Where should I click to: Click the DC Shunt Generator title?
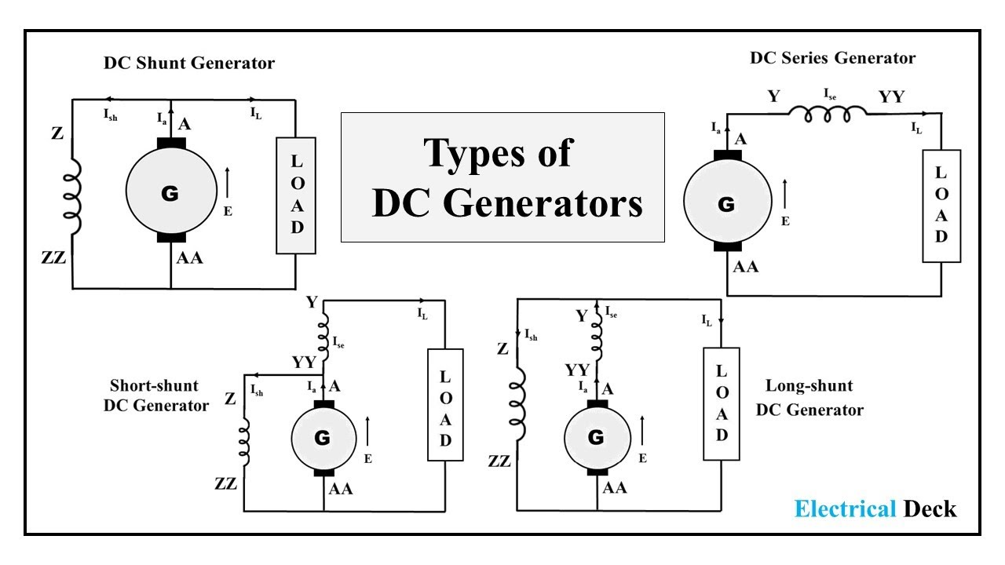coord(189,64)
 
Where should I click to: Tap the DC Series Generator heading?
coord(832,58)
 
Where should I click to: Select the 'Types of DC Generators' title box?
coord(502,177)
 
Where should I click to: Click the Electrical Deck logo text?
coord(875,508)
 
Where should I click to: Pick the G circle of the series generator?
coord(726,205)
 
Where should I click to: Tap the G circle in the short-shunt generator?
coord(323,438)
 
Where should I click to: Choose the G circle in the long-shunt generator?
coord(597,436)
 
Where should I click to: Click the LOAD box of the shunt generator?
coord(297,195)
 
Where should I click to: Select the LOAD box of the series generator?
coord(941,206)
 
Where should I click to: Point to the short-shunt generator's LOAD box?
coord(445,403)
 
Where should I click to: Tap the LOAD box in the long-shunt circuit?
coord(721,403)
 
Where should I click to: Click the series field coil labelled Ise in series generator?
coord(828,115)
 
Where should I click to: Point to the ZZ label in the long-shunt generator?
coord(499,461)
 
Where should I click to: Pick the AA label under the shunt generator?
coord(189,257)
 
